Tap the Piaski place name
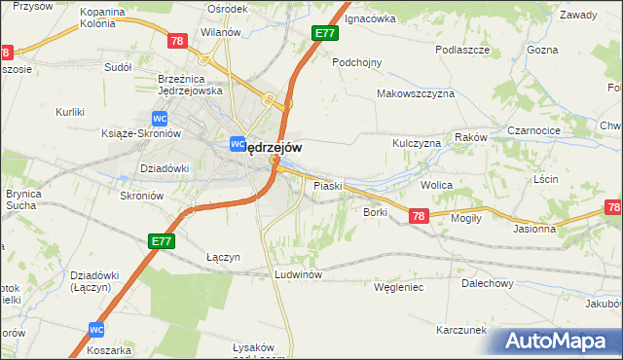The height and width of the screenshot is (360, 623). [x=325, y=185]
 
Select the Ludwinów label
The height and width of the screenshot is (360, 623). [x=298, y=274]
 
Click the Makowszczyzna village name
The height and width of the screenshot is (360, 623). [x=416, y=93]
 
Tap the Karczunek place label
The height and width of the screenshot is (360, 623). [x=461, y=330]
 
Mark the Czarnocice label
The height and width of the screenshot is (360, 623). [x=531, y=128]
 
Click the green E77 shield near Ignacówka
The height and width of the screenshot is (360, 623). [x=325, y=34]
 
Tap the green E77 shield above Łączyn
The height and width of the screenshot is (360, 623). [x=162, y=239]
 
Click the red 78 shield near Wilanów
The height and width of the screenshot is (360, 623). [x=176, y=41]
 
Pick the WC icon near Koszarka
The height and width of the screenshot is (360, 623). [x=96, y=329]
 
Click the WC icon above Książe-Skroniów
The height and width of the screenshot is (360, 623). [x=144, y=118]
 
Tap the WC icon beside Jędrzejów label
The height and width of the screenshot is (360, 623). [x=236, y=144]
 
